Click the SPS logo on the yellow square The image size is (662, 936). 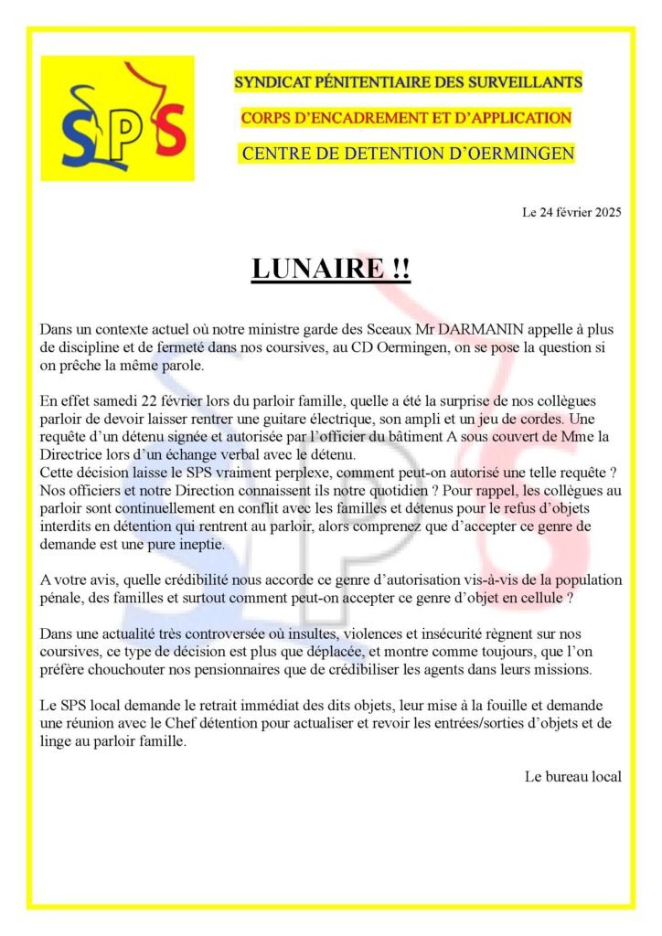[x=117, y=118]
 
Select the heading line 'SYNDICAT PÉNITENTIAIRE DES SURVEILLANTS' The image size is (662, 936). [x=408, y=82]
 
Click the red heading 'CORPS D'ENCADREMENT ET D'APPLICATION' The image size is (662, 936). [x=406, y=118]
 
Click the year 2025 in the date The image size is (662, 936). [x=605, y=213]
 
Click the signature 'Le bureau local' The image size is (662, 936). [x=572, y=777]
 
